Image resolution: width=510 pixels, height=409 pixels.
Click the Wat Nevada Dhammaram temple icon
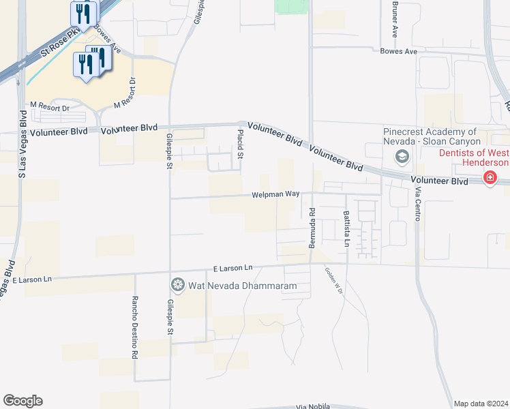178,284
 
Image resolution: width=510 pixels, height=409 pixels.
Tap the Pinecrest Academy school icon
402,157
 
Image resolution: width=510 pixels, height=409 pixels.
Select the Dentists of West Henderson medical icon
490,178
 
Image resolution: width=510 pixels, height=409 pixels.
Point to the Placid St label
240,143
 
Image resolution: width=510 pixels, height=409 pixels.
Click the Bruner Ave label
395,18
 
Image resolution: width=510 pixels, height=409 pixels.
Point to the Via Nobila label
313,407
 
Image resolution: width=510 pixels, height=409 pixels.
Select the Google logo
22,401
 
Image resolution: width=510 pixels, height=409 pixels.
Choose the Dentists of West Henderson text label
473,157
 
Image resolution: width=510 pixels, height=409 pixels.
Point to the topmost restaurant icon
85,12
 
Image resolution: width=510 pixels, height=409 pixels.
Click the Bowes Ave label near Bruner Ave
397,51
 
